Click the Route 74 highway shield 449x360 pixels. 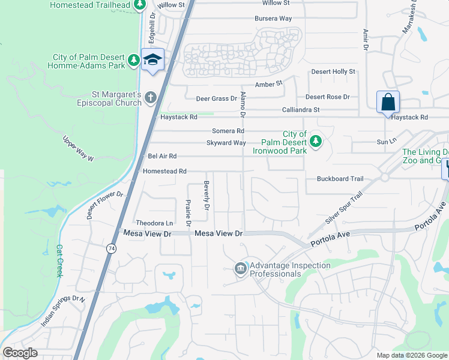(x=112, y=248)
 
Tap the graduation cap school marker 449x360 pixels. (x=152, y=60)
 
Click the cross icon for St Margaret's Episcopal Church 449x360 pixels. (x=150, y=97)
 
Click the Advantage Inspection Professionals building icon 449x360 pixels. (x=240, y=268)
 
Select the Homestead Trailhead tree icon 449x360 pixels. (x=139, y=5)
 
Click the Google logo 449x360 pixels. (x=20, y=353)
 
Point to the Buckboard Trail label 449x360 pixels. (x=340, y=179)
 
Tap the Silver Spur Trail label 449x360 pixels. (x=336, y=210)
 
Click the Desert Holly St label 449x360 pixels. (x=333, y=72)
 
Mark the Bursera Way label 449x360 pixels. (x=273, y=19)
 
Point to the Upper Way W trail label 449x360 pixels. (x=79, y=149)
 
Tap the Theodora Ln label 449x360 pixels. (x=150, y=223)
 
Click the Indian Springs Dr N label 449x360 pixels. (x=62, y=310)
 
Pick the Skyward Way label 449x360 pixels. (x=226, y=143)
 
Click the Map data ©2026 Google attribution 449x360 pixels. (x=412, y=355)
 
